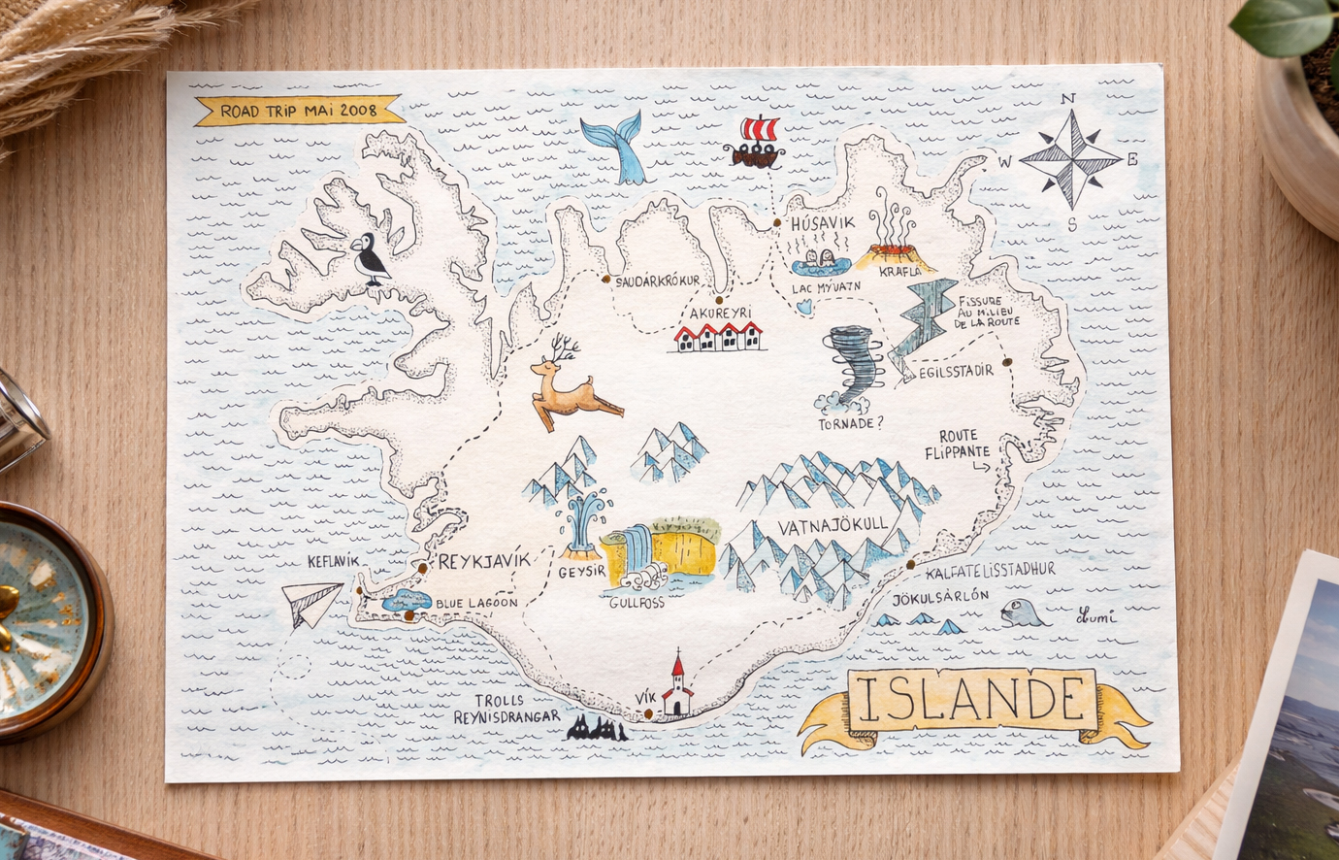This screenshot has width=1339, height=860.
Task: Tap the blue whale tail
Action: (x=617, y=148)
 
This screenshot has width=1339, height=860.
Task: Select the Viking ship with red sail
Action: (x=754, y=144)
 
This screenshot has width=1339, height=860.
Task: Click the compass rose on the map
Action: (x=1070, y=159)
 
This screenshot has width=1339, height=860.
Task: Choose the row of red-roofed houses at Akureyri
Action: (x=718, y=337)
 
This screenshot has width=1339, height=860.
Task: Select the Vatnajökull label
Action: (x=833, y=525)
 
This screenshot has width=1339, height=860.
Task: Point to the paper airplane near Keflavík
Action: (x=312, y=603)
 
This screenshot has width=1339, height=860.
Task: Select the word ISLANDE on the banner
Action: (x=972, y=699)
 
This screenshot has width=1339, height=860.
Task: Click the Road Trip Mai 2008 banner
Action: (x=299, y=111)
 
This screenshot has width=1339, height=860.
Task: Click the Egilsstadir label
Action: (x=956, y=371)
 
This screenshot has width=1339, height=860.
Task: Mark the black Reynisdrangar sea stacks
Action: (x=597, y=728)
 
